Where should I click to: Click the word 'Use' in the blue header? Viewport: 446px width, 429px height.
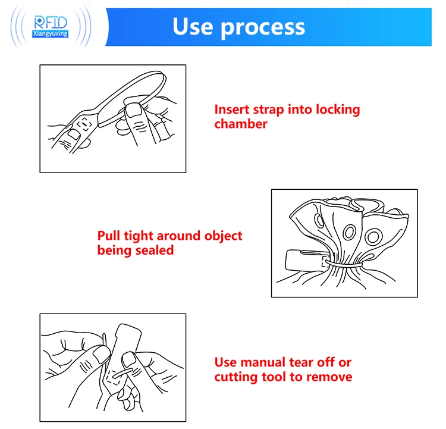[x=193, y=26]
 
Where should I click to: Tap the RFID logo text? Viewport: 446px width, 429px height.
[x=51, y=23]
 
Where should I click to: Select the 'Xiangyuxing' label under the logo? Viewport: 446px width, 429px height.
[x=51, y=33]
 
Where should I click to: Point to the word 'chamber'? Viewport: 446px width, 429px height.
[x=241, y=124]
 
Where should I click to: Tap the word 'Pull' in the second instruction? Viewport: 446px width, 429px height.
[x=108, y=236]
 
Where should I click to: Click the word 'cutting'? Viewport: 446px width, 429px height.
[x=236, y=377]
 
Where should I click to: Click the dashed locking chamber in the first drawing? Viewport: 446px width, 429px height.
[x=84, y=124]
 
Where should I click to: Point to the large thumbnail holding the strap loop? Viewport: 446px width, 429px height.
[x=133, y=110]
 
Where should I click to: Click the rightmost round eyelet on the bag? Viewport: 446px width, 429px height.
[x=373, y=237]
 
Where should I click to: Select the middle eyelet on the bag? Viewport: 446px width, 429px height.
[x=349, y=233]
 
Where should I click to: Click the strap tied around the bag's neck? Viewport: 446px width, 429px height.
[x=344, y=265]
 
